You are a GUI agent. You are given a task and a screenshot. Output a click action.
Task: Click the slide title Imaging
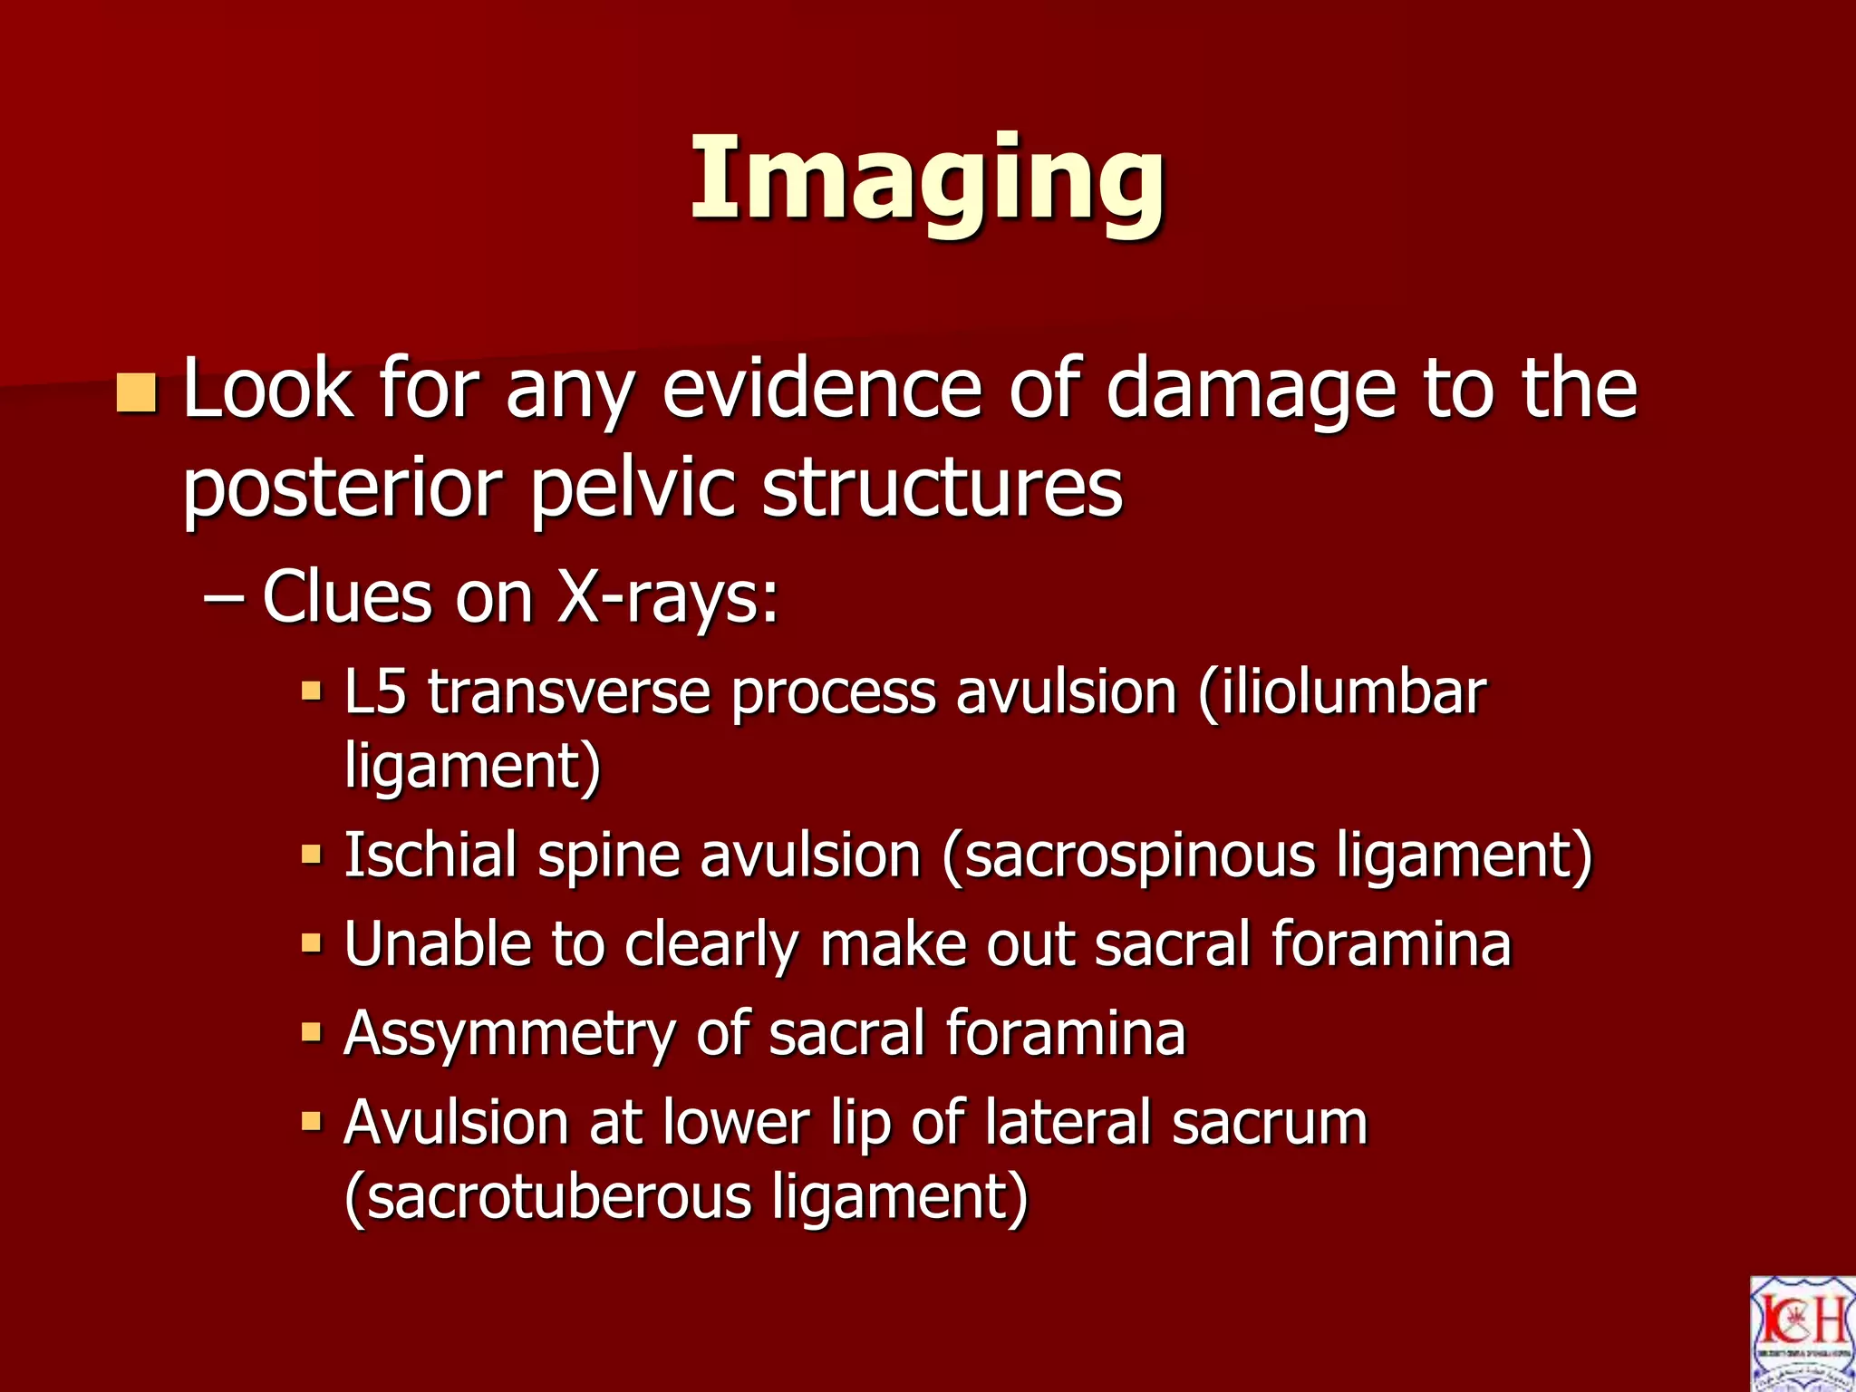[927, 179]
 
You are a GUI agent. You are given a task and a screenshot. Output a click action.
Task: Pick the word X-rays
[667, 598]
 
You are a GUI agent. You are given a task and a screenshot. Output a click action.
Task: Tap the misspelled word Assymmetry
[508, 1034]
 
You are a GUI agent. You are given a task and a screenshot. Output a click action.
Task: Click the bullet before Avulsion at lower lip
[312, 1122]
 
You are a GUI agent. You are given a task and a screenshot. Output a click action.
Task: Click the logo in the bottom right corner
[1802, 1333]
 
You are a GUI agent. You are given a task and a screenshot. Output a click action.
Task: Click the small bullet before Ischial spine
[312, 854]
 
